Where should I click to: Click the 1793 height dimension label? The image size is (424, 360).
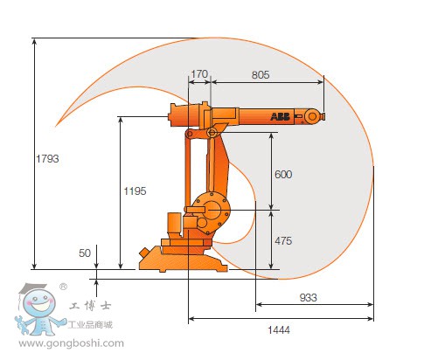48,159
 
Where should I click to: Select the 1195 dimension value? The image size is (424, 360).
134,190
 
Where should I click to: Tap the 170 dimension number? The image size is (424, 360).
198,75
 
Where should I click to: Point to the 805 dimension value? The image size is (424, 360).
261,75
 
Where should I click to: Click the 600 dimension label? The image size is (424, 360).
282,174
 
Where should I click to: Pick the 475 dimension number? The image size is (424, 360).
282,240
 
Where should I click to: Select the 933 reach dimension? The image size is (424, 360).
308,298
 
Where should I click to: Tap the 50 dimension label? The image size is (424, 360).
85,253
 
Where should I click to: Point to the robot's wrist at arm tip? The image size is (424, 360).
312,115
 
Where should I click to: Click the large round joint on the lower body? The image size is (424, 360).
211,208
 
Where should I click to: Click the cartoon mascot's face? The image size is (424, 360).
38,307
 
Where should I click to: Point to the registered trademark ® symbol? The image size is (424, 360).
63,286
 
